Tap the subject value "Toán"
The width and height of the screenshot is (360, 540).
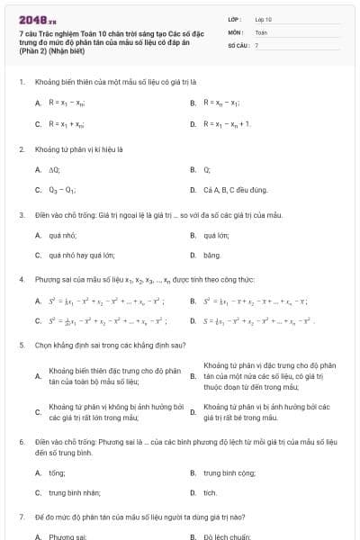tap(261, 31)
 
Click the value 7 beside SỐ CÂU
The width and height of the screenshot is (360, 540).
tap(256, 44)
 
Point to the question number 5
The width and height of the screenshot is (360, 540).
tap(21, 345)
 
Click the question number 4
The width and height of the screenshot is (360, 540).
tap(21, 280)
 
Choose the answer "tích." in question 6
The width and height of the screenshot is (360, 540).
tap(211, 492)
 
